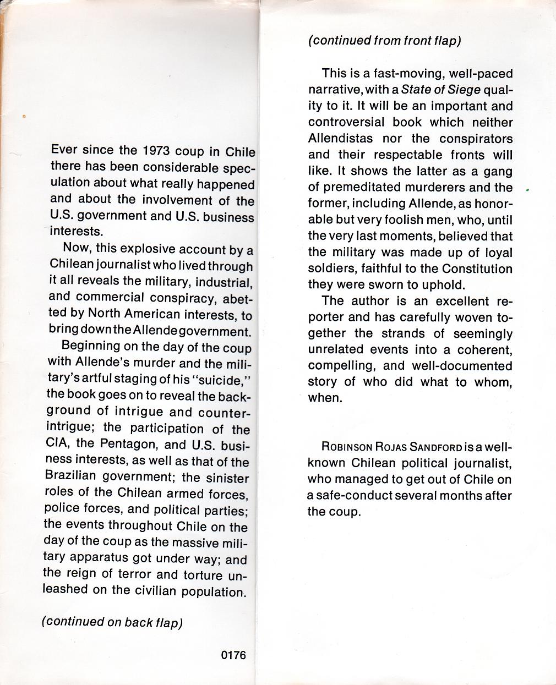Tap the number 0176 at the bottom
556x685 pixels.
click(x=233, y=655)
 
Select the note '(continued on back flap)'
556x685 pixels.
click(x=112, y=622)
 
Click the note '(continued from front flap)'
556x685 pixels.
click(x=384, y=41)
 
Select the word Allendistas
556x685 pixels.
click(x=340, y=139)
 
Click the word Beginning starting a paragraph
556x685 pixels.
click(x=91, y=346)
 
